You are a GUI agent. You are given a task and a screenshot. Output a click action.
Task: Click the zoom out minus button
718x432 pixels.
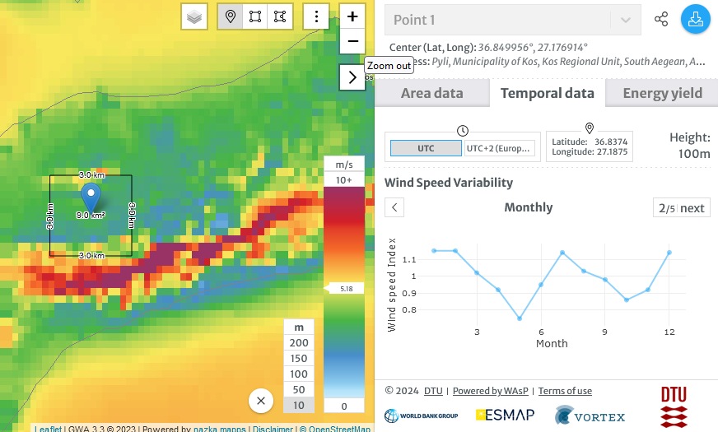coord(352,41)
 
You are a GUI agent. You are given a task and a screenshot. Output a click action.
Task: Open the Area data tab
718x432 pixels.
coord(431,93)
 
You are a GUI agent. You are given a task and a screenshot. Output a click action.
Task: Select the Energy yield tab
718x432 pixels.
coord(662,93)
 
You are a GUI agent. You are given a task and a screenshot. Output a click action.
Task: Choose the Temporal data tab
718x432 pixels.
coord(547,93)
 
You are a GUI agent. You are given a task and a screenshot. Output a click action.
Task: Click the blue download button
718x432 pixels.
coord(695,20)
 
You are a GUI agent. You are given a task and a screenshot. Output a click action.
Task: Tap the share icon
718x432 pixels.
coord(660,20)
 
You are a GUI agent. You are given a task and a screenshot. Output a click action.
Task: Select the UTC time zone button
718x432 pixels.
coord(425,148)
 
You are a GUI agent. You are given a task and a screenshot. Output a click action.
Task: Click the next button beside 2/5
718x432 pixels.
coord(692,208)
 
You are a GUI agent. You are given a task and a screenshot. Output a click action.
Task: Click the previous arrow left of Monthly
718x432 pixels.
coord(395,207)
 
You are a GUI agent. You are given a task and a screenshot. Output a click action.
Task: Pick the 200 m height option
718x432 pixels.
coord(299,343)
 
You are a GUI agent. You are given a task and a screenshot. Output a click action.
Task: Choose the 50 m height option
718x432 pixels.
coord(299,389)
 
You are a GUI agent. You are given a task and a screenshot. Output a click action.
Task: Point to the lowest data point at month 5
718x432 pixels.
coord(520,318)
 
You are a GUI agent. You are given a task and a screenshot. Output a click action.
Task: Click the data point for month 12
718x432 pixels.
coord(669,253)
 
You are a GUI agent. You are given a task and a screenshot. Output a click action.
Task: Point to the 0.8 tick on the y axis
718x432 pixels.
coord(411,310)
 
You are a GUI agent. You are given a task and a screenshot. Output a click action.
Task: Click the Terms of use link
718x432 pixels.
coord(565,391)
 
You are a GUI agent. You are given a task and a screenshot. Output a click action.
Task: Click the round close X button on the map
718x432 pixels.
coord(261,401)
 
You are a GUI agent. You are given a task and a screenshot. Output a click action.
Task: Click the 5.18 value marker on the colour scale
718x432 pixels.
coord(345,289)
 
